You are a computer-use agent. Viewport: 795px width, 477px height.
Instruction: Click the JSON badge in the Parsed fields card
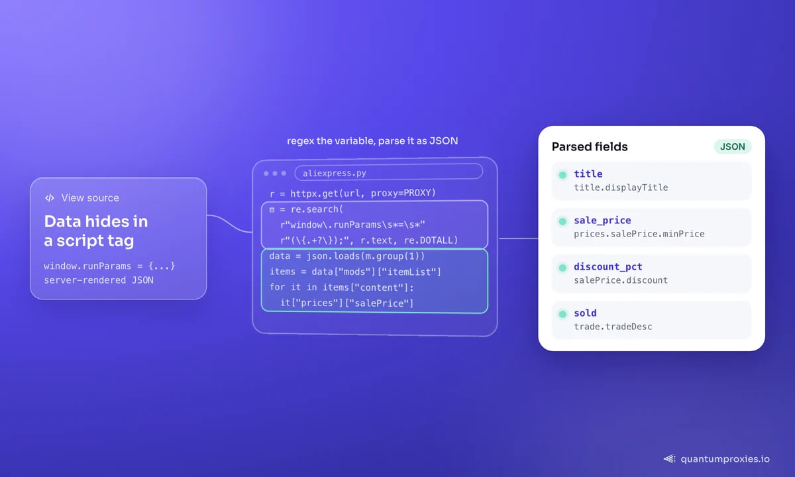733,146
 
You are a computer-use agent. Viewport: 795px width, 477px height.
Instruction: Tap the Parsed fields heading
590,146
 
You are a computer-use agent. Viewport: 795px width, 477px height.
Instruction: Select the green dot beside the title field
562,175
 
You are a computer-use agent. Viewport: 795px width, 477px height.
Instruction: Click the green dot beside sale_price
562,221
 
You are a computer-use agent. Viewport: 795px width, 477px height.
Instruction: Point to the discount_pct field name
608,266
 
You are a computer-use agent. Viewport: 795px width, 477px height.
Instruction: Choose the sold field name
585,313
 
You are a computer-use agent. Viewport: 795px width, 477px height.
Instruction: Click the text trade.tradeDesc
613,327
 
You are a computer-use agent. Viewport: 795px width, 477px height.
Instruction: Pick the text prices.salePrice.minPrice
639,234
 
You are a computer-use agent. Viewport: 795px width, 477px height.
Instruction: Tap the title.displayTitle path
621,187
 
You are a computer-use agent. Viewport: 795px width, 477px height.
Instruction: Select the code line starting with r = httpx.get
352,193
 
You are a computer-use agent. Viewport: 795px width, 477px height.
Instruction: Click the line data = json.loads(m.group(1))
346,256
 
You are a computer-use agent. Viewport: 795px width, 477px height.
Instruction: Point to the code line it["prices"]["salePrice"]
346,303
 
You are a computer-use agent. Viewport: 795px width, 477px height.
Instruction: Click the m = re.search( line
306,209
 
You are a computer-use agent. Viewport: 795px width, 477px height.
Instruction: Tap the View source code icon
50,197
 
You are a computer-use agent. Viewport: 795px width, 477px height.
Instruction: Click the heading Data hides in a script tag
96,231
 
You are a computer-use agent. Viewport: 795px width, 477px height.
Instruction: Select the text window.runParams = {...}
109,266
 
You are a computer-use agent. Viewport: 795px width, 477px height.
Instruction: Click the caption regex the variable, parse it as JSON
372,141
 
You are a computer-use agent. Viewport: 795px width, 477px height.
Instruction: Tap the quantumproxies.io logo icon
669,459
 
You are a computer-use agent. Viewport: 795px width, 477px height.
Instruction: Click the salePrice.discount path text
621,280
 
